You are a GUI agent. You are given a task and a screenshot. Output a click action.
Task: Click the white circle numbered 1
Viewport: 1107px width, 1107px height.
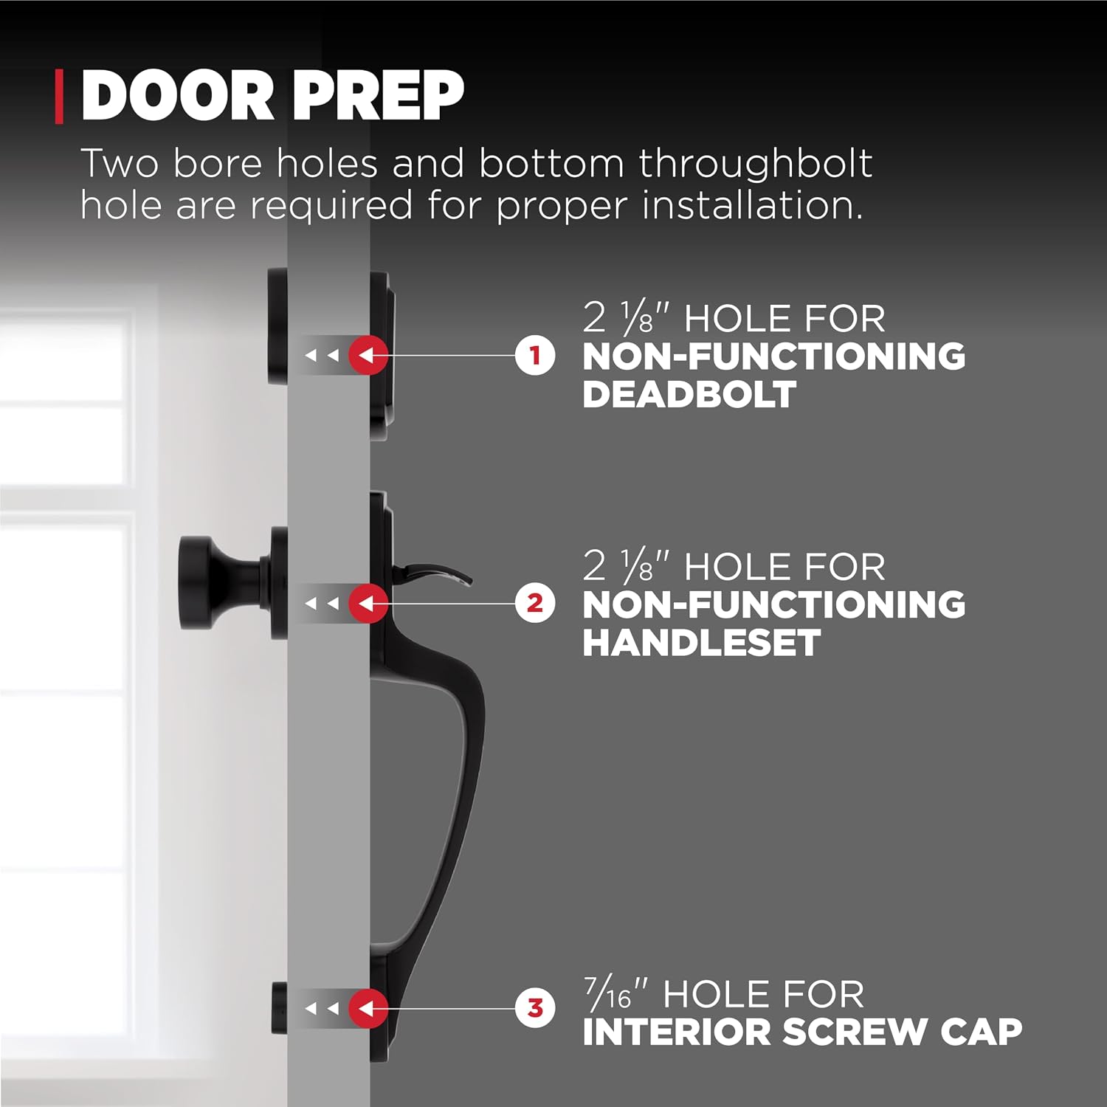(x=535, y=355)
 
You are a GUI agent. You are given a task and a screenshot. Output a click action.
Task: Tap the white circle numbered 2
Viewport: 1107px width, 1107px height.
(x=535, y=603)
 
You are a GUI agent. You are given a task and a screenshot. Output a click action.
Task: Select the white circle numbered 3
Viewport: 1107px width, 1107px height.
(x=535, y=1008)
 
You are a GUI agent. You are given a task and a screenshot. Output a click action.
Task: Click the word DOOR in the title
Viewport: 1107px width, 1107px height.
(x=177, y=96)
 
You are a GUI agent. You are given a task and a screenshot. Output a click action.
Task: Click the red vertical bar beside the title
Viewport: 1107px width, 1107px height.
(x=59, y=96)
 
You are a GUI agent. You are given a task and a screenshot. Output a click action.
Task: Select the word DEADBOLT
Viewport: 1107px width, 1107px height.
(x=689, y=394)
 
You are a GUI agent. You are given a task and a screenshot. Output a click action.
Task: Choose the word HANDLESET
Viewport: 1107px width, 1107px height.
(x=701, y=642)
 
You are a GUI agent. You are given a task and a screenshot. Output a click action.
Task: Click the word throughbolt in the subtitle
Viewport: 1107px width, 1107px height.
(x=755, y=163)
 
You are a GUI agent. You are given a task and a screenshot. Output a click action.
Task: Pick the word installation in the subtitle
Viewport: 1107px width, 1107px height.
(x=752, y=204)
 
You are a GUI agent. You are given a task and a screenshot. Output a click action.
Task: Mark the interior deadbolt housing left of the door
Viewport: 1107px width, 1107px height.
(x=278, y=325)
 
